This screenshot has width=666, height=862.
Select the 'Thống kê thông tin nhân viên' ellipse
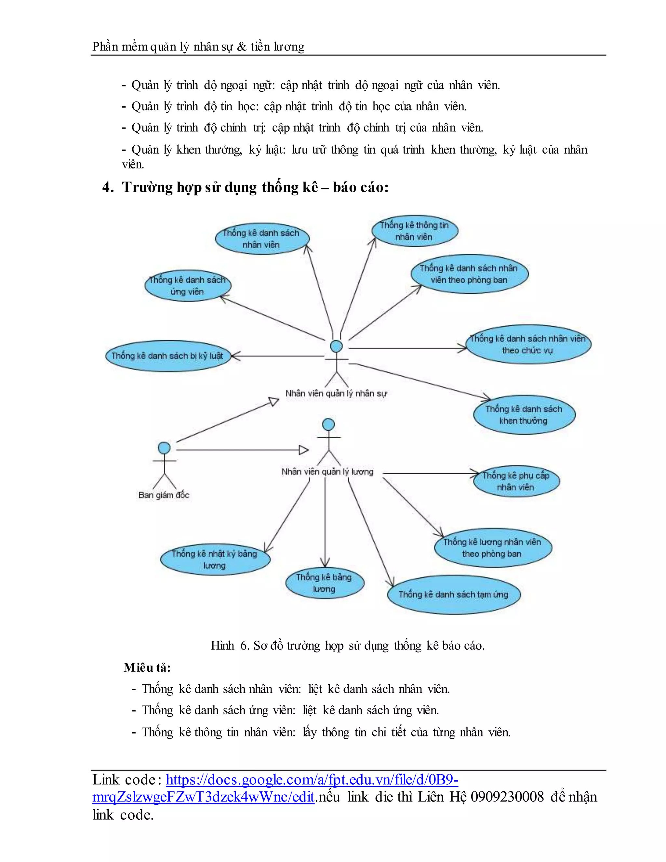coord(414,231)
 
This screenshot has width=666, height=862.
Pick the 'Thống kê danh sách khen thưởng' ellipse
coord(524,415)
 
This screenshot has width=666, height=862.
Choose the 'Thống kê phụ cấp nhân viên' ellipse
coord(516,481)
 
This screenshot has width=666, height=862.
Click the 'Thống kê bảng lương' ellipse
coord(324,583)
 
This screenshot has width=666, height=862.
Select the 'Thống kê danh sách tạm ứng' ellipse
coord(454,594)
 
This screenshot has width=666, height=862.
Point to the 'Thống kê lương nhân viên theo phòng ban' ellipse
coord(493,548)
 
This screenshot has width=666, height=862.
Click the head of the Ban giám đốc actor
coord(164,448)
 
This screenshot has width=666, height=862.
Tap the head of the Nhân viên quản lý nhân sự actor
coord(336,346)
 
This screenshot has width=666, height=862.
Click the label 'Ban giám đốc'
coord(164,495)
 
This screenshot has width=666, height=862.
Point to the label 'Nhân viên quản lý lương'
coord(327,472)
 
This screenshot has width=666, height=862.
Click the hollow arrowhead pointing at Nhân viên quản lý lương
coord(304,450)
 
